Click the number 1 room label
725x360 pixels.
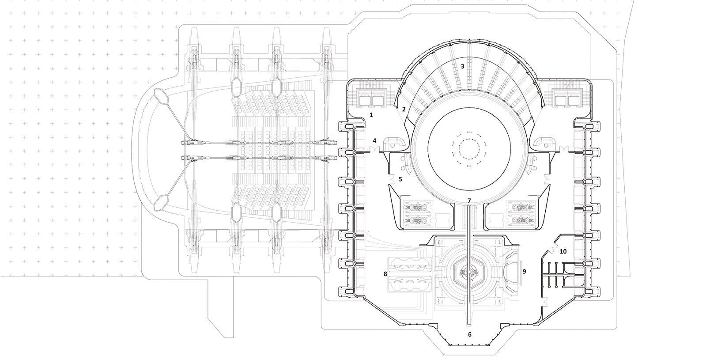point(371,115)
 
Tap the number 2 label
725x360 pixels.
point(404,109)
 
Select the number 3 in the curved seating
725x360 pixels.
point(462,66)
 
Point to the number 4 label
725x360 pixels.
point(374,141)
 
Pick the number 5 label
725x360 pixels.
point(400,179)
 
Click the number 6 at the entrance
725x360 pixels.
point(469,334)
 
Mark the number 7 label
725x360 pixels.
point(469,201)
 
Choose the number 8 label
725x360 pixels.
point(385,274)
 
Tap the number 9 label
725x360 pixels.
point(525,271)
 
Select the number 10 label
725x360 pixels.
point(563,251)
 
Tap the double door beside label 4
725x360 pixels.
point(374,149)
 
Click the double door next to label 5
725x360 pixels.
point(392,179)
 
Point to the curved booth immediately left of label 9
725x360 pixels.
point(512,271)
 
